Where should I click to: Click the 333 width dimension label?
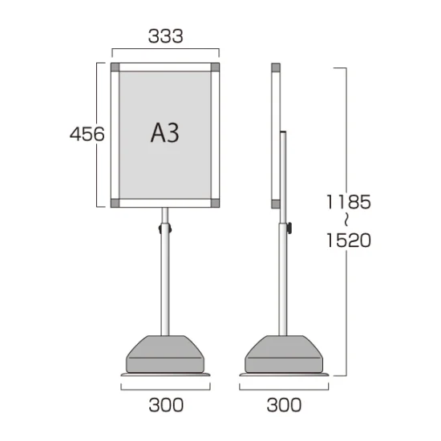tap(166, 36)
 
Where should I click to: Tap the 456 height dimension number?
tap(87, 134)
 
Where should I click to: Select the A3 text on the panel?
tap(165, 133)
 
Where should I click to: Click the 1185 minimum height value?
tap(349, 202)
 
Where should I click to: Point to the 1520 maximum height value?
tap(349, 241)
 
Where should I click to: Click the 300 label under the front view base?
tap(166, 405)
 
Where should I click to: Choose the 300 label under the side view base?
tap(284, 405)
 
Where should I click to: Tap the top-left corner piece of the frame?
tap(115, 67)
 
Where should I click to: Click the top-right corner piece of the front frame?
tap(215, 67)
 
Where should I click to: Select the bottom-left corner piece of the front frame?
tap(115, 203)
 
